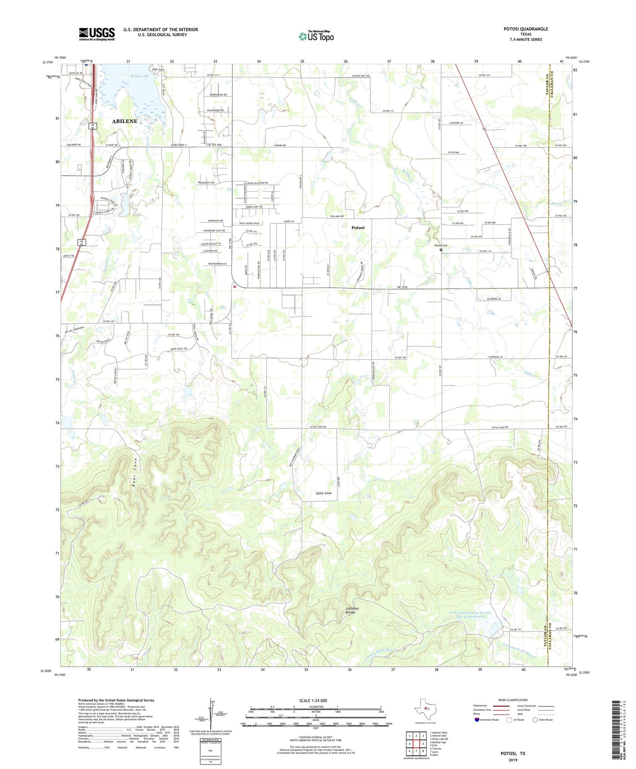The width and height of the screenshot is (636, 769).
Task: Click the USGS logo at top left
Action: [97, 34]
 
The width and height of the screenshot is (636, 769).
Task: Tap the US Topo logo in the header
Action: [316, 36]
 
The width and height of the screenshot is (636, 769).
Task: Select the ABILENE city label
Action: [125, 121]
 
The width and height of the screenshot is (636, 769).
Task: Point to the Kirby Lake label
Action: [140, 76]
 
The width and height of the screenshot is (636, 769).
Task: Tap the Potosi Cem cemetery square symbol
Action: [441, 250]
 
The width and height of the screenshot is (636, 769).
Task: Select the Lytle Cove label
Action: [324, 493]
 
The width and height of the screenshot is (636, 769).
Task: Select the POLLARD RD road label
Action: [336, 217]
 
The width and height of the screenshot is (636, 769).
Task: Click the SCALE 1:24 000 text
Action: [313, 701]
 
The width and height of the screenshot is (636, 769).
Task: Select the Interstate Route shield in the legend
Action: [478, 720]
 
